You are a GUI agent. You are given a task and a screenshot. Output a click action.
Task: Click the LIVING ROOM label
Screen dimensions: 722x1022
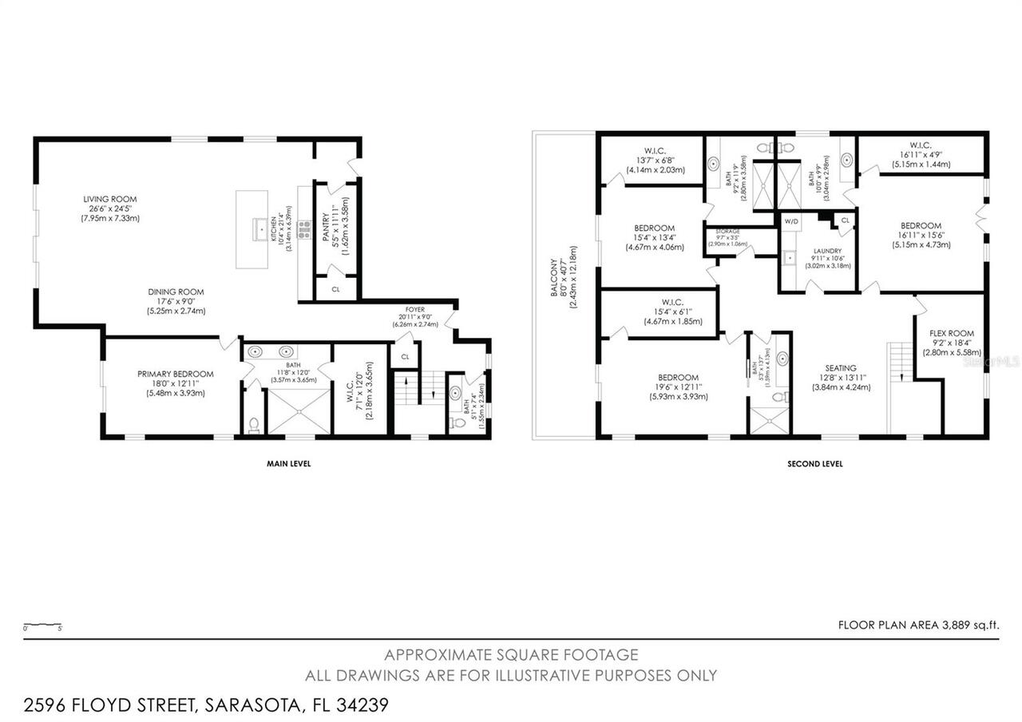110,199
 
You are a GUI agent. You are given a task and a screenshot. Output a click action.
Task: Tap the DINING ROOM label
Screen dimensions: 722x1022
176,292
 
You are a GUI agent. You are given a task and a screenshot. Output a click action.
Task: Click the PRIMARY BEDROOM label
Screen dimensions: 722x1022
175,374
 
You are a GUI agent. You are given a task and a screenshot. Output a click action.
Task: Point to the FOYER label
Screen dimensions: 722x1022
414,309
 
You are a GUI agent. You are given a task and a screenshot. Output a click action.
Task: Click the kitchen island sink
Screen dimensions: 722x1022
260,229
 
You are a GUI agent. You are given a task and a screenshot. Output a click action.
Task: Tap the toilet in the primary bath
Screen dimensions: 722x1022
253,424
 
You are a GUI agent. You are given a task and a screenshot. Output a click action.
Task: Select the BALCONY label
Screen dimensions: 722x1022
553,277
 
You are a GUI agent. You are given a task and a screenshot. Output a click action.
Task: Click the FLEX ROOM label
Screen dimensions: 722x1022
952,334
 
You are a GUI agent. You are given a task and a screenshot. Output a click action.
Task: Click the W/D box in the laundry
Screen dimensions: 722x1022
792,221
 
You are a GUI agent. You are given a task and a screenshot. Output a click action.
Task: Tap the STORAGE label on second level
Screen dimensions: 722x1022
727,232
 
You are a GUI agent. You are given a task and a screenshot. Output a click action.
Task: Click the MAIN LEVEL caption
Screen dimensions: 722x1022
288,463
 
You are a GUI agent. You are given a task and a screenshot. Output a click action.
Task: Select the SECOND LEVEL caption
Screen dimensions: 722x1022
814,463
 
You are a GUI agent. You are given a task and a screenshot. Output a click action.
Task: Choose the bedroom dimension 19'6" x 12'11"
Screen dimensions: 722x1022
678,387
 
